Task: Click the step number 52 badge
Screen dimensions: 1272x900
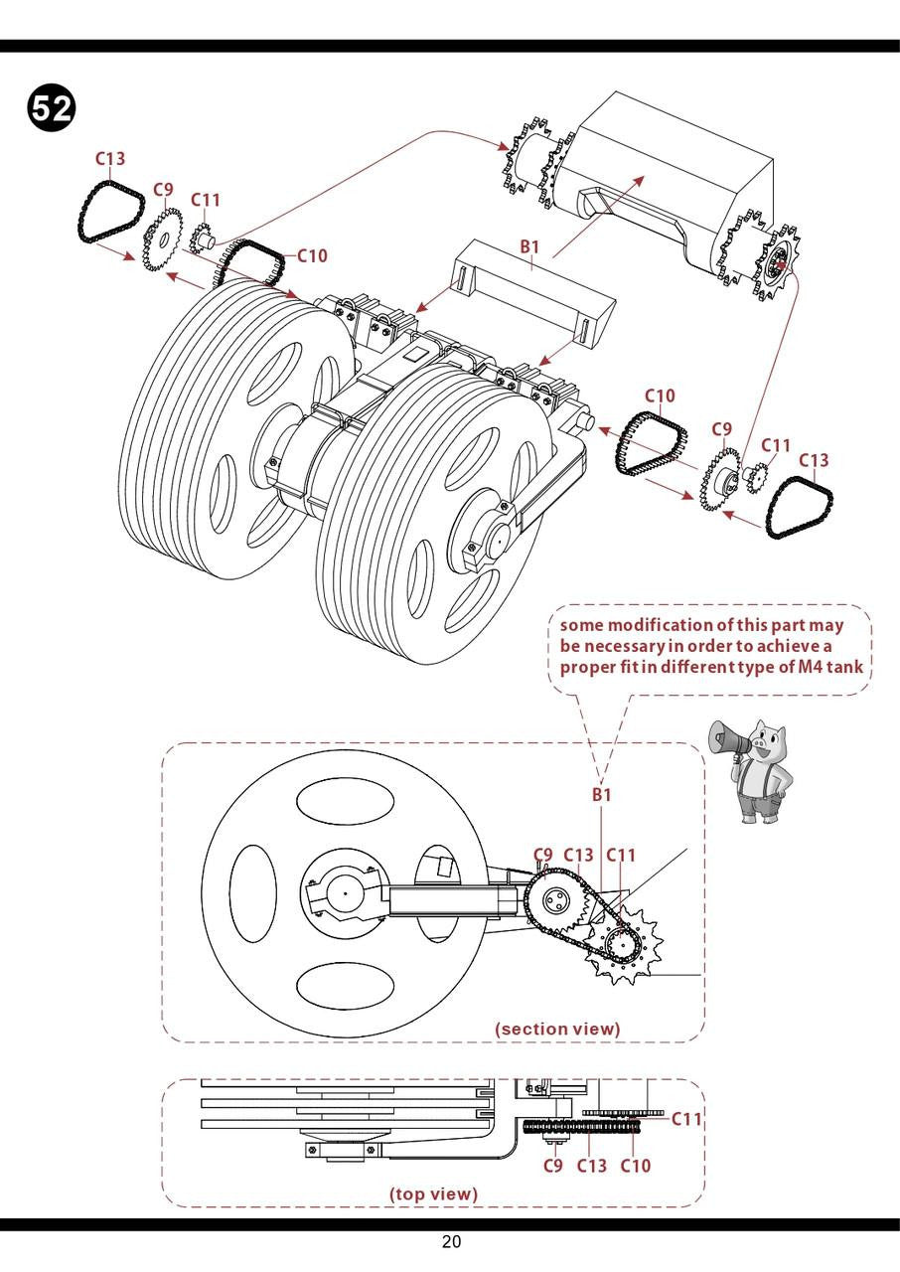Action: (x=51, y=108)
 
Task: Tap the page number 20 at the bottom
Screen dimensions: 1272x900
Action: (x=451, y=1242)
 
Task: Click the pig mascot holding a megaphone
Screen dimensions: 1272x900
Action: (x=758, y=769)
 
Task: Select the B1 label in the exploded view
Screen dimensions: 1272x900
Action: (x=529, y=246)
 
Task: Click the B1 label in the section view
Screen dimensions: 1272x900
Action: (x=602, y=794)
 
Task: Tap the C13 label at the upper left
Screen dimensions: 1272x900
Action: (x=110, y=158)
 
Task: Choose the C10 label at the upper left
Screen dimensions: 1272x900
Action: (x=312, y=255)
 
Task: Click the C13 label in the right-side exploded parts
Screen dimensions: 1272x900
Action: (x=813, y=460)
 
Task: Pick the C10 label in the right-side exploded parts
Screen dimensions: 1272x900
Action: (x=660, y=396)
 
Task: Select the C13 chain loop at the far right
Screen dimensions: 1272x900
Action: (x=799, y=507)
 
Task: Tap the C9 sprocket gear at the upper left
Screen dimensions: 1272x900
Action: (x=162, y=238)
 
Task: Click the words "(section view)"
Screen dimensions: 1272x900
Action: (x=557, y=1029)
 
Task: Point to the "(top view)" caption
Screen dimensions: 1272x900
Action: (x=433, y=1193)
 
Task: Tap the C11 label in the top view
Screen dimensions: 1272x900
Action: (x=686, y=1119)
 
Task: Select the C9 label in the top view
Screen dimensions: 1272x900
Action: (x=553, y=1166)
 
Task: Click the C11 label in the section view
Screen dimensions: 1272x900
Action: (x=621, y=855)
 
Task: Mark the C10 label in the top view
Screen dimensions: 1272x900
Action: (x=636, y=1166)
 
